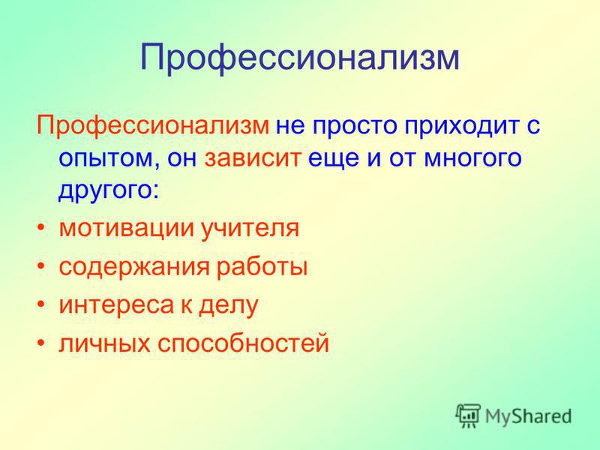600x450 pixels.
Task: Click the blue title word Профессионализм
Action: [299, 58]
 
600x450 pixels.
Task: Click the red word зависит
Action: [251, 157]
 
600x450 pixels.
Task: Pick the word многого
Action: [472, 158]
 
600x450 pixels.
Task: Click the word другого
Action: [108, 191]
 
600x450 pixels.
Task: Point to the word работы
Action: [262, 267]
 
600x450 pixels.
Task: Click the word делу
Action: [229, 305]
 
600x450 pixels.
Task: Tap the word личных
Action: [104, 343]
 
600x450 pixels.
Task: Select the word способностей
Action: [243, 343]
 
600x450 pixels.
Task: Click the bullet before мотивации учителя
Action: [41, 229]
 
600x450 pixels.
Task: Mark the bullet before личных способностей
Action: [41, 343]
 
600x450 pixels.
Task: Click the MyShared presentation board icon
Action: [468, 415]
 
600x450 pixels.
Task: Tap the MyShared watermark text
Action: [529, 416]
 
